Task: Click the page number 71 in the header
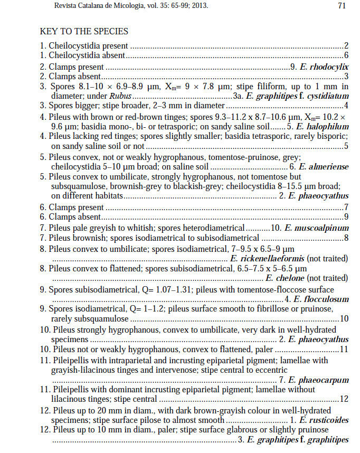342,6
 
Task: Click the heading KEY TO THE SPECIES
84,32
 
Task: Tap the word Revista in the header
53,6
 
